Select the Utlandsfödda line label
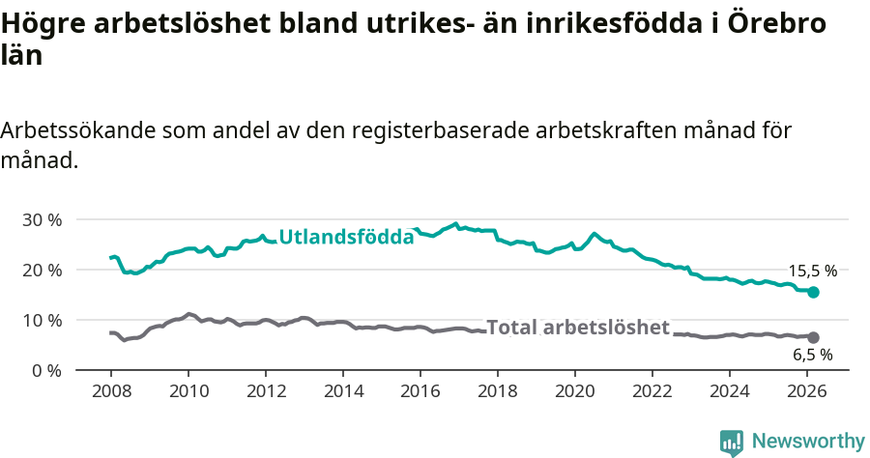coord(346,236)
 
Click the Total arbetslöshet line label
coord(577,328)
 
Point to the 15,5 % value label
coord(813,272)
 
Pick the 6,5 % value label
coord(813,355)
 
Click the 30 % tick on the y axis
coord(42,219)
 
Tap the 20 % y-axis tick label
coord(42,270)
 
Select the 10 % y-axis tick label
coord(42,320)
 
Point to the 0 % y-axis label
coord(45,370)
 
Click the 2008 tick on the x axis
coord(110,390)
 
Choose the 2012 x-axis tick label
coord(265,390)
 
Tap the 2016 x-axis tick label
coord(420,390)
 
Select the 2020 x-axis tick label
coord(574,390)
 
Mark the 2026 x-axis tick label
coord(806,390)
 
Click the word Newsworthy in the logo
coord(808,442)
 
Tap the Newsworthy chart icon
coord(732,443)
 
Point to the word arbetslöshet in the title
coord(180,24)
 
